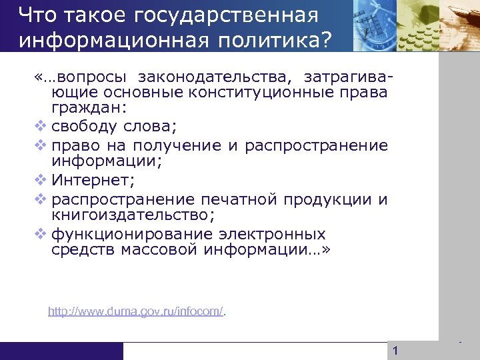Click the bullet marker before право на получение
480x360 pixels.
pos(39,145)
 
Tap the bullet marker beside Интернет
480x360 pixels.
pos(39,181)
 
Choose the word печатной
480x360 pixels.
pos(239,199)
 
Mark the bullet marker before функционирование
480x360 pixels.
pos(39,234)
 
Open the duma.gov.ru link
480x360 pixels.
pos(136,311)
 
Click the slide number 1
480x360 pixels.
pos(395,351)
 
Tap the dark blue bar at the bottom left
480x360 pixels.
pos(61,351)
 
